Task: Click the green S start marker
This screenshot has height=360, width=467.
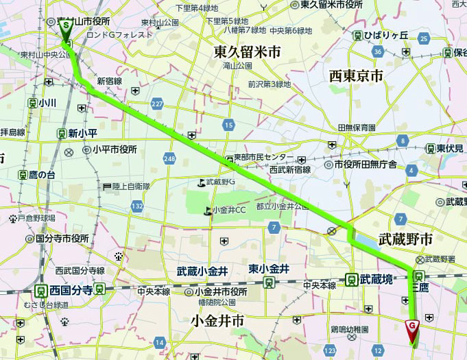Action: click(66, 26)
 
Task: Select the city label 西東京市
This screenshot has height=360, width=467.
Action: click(356, 76)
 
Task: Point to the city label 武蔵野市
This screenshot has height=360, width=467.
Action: click(405, 239)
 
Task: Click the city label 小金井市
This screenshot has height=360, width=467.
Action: click(218, 320)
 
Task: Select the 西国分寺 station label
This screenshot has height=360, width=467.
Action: click(71, 290)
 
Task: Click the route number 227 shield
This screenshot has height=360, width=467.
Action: click(158, 104)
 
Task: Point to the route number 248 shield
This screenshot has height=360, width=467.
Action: click(171, 158)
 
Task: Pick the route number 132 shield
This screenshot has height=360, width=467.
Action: click(138, 206)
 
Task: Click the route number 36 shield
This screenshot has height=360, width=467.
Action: click(379, 52)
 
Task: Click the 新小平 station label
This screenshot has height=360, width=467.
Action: click(81, 134)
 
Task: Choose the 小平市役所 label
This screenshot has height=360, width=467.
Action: click(115, 149)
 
